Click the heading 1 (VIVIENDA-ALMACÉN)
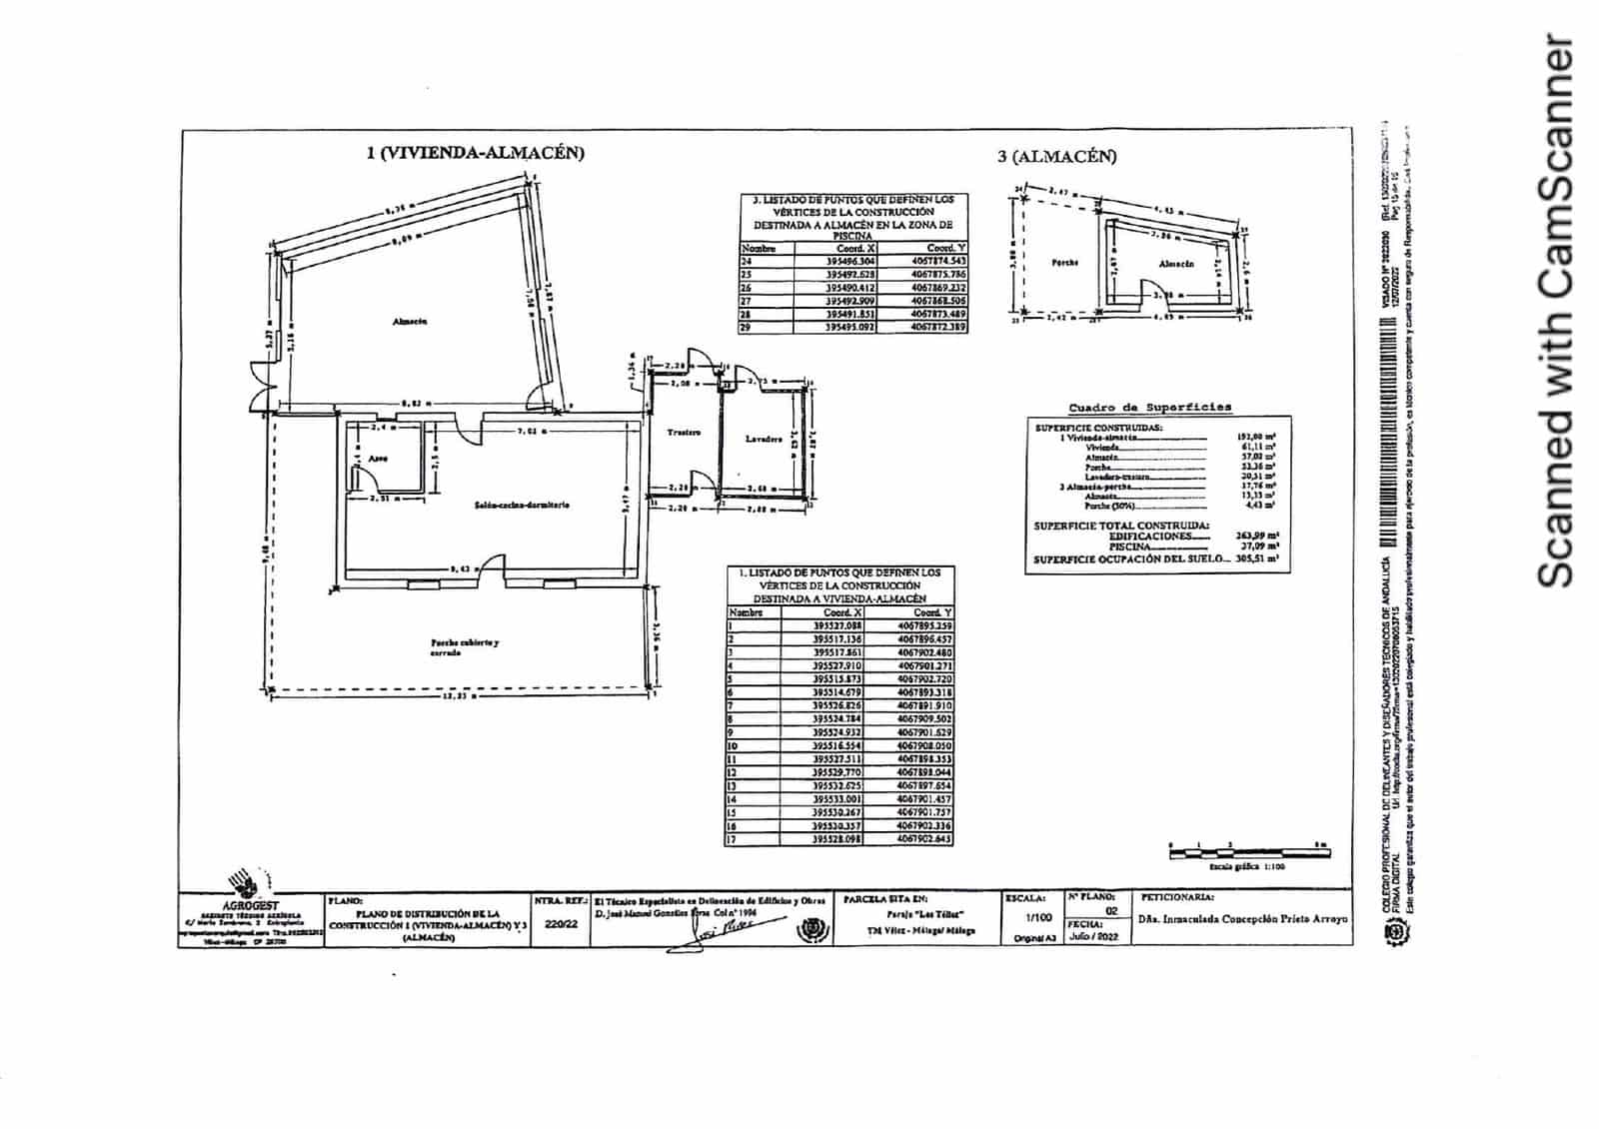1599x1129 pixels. click(x=475, y=153)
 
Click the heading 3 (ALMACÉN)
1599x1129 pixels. click(x=1057, y=156)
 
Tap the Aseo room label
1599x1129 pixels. click(x=378, y=459)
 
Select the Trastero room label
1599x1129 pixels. click(x=684, y=433)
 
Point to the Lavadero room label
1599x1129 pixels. click(x=764, y=439)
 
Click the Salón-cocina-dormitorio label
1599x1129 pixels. click(x=522, y=506)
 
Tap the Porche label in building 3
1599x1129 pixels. click(x=1065, y=263)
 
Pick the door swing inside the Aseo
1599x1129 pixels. click(x=357, y=480)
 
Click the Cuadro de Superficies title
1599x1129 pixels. click(x=1149, y=408)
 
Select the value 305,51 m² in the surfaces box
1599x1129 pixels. click(x=1257, y=560)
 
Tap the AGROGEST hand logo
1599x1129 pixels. click(x=246, y=884)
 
